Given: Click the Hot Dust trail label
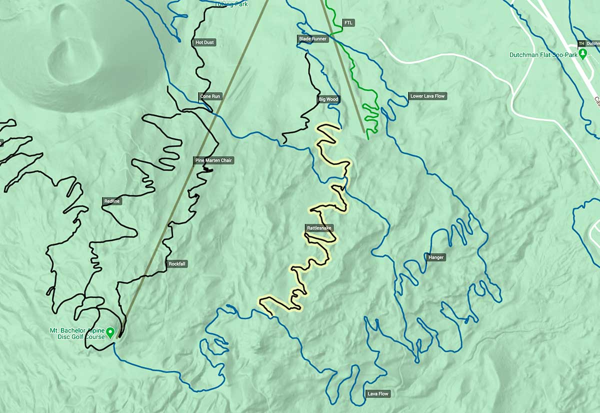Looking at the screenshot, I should pyautogui.click(x=204, y=42).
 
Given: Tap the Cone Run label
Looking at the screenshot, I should pyautogui.click(x=210, y=96).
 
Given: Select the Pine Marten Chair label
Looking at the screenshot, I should pyautogui.click(x=213, y=160).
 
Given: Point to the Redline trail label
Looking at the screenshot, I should pyautogui.click(x=112, y=201).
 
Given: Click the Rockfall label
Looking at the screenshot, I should pyautogui.click(x=177, y=263).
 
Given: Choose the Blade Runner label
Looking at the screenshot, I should pyautogui.click(x=312, y=38).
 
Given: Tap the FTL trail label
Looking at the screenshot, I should pyautogui.click(x=348, y=23).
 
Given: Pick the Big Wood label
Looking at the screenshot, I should pyautogui.click(x=328, y=99).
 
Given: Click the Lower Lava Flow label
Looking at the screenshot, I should pyautogui.click(x=427, y=96).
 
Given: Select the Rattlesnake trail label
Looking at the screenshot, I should pyautogui.click(x=319, y=228).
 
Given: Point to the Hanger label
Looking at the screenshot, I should pyautogui.click(x=436, y=257).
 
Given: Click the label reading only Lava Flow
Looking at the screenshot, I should pyautogui.click(x=377, y=393).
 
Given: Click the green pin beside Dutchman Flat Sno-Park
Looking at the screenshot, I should pyautogui.click(x=582, y=53).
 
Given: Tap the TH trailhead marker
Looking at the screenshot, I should pyautogui.click(x=581, y=43).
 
